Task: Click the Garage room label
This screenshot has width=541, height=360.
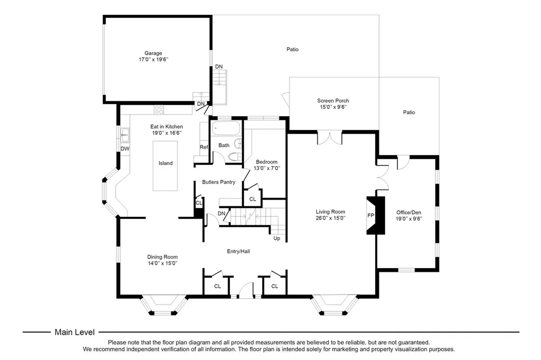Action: tap(153, 53)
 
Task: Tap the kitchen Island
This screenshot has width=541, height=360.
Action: tap(165, 166)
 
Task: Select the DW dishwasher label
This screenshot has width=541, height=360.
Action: tap(125, 149)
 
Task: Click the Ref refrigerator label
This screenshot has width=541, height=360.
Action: tap(204, 147)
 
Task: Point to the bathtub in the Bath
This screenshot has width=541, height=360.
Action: tap(226, 128)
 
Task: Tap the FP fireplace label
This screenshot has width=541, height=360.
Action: tap(371, 215)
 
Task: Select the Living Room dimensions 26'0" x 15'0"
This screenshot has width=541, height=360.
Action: tap(331, 218)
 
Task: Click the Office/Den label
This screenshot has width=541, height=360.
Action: tap(409, 212)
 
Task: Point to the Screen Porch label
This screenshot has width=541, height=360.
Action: tap(333, 101)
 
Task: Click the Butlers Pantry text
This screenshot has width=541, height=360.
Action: tap(219, 182)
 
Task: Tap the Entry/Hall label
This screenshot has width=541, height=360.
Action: tap(238, 251)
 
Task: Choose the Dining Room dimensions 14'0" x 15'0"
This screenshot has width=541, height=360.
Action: tap(163, 263)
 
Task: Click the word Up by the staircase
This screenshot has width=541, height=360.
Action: tap(277, 238)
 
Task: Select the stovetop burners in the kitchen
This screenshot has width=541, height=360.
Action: tap(159, 110)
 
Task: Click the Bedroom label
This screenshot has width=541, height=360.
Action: tap(267, 162)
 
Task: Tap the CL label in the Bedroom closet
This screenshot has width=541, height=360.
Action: tap(253, 199)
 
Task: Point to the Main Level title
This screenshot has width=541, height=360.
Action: tap(74, 332)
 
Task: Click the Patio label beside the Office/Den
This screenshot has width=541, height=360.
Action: tap(409, 112)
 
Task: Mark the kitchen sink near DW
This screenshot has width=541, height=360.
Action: tap(125, 135)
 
